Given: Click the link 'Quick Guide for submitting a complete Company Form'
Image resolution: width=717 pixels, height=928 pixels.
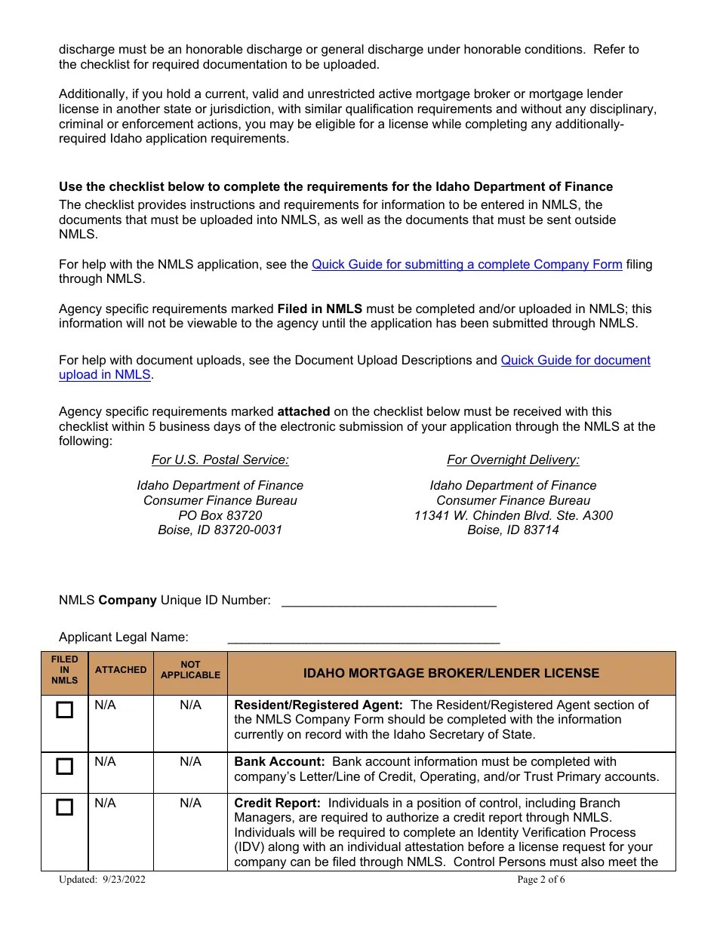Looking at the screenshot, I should (x=466, y=265).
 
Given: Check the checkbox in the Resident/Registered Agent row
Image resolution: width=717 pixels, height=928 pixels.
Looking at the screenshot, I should (x=65, y=710).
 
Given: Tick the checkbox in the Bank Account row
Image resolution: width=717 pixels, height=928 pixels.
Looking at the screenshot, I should (x=65, y=767).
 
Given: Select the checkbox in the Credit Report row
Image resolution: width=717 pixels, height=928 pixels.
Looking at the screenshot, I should (x=65, y=807).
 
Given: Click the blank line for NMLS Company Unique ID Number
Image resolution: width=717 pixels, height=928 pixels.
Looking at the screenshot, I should (x=388, y=601).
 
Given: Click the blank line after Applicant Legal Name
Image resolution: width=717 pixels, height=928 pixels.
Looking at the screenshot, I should (x=363, y=638).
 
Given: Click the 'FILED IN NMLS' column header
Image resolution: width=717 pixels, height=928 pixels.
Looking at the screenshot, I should (x=65, y=670).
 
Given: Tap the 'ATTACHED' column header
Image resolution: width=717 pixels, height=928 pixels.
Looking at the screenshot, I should (x=121, y=670).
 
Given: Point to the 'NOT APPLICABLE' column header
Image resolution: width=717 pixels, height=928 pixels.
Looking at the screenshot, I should (x=190, y=670).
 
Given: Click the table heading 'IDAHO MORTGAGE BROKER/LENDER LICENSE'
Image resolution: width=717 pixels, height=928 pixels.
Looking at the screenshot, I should (x=451, y=673).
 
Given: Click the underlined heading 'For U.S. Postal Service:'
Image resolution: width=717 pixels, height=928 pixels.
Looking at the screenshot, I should (x=220, y=460).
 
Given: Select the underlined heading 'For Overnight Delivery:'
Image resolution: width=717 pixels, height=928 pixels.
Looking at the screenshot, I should (x=513, y=460).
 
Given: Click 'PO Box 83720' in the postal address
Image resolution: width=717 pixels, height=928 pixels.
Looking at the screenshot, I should (x=220, y=515).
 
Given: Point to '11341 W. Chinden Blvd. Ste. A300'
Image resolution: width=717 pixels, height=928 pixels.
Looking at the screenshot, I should (x=513, y=515).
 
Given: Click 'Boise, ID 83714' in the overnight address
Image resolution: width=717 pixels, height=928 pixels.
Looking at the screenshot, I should (x=513, y=530).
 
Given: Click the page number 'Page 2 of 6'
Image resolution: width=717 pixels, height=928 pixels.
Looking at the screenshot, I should (x=540, y=880).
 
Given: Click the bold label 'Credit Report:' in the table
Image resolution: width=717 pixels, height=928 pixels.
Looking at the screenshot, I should (x=277, y=804).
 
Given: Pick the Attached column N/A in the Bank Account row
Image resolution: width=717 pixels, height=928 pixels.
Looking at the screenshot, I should (x=105, y=762).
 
